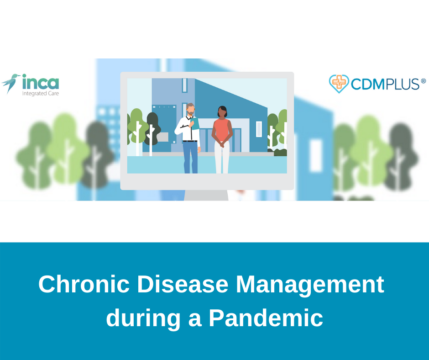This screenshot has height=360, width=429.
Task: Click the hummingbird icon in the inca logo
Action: [10, 83]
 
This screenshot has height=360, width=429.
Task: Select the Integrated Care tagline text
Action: [41, 93]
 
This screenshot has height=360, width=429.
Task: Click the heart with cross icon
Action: [339, 83]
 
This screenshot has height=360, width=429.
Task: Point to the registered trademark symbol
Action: [423, 81]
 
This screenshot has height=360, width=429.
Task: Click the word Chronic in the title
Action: [84, 284]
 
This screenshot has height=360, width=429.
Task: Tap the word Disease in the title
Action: [183, 284]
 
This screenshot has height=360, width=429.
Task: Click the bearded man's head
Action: [191, 109]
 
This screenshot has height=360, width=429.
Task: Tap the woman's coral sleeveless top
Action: [221, 130]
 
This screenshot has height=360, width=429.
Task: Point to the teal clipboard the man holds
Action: [195, 123]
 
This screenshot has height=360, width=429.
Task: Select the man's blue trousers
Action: [190, 157]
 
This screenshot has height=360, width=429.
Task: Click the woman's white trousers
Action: [222, 158]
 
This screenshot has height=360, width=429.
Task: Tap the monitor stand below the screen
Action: [206, 195]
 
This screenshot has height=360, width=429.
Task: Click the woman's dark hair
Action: [223, 111]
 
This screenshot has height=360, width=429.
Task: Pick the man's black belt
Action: [190, 141]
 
